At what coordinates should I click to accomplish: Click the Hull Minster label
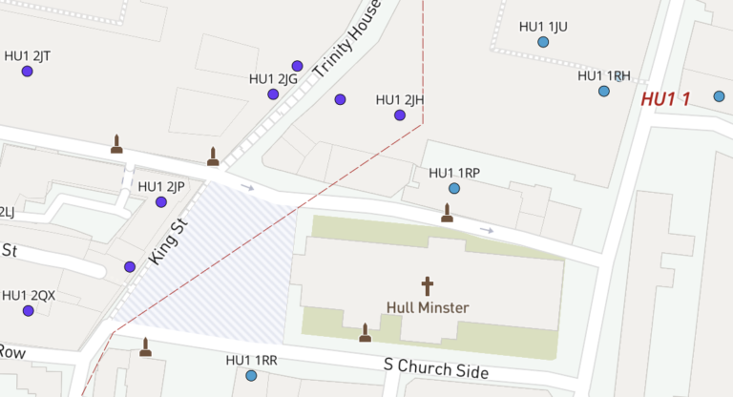tap(427, 307)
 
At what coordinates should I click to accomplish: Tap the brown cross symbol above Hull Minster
tap(427, 285)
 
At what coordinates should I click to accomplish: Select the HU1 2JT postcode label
tap(28, 55)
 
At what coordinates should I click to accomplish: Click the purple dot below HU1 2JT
tap(28, 72)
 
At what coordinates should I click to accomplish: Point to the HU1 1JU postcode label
tap(543, 27)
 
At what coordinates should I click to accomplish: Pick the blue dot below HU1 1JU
tap(543, 42)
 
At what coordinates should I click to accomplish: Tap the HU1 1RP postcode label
tap(454, 173)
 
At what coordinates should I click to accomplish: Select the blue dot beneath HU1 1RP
tap(454, 188)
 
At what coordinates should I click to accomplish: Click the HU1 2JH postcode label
tap(400, 99)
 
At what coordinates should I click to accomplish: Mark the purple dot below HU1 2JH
tap(400, 115)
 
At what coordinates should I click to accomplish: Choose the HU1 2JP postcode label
tap(161, 186)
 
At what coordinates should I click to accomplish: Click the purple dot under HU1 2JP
tap(161, 202)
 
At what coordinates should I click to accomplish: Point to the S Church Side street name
tap(436, 368)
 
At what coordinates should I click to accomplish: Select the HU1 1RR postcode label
tap(251, 360)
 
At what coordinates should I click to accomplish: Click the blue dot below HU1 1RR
tap(251, 376)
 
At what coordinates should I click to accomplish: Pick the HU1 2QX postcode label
tap(29, 295)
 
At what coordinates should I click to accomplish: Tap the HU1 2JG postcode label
tap(273, 79)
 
